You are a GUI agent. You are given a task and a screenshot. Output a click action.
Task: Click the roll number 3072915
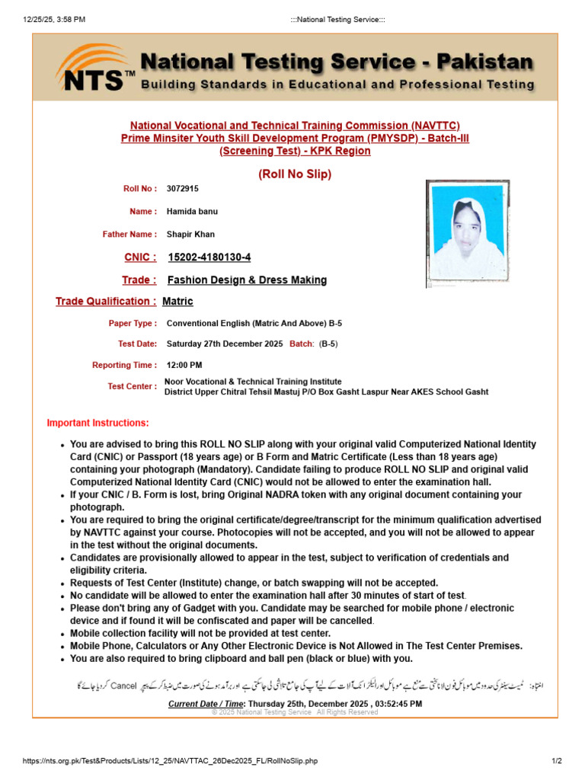tap(183, 188)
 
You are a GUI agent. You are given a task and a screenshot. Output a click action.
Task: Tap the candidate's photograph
tap(467, 234)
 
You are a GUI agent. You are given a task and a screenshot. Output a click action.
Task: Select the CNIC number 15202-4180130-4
tap(209, 257)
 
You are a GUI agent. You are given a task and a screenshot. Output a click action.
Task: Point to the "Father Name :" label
tap(130, 235)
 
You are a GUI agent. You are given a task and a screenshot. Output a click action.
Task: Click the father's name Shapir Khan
tap(190, 235)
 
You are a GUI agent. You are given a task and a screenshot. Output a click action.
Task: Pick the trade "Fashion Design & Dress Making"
tap(247, 280)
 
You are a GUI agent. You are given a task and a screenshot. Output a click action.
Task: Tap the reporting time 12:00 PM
tap(184, 365)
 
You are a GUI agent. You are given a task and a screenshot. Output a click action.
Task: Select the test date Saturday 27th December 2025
tap(225, 344)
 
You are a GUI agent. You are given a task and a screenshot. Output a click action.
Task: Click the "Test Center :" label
tap(133, 386)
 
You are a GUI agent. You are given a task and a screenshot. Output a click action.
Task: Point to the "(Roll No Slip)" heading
tap(295, 174)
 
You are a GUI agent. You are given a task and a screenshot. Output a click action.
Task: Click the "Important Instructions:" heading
tap(98, 423)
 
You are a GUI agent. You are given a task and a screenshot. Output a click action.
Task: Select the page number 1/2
tap(556, 761)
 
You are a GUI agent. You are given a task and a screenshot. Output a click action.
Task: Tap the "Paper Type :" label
tap(133, 324)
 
